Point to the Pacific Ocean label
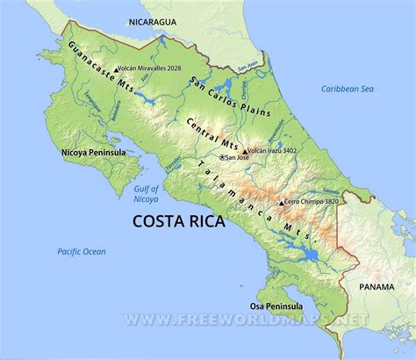pyautogui.click(x=82, y=251)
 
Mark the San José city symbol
pyautogui.click(x=221, y=157)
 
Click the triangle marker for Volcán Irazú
pyautogui.click(x=245, y=151)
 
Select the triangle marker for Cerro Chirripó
pyautogui.click(x=281, y=203)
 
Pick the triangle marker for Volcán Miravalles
pyautogui.click(x=116, y=67)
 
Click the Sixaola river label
pyautogui.click(x=330, y=190)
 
